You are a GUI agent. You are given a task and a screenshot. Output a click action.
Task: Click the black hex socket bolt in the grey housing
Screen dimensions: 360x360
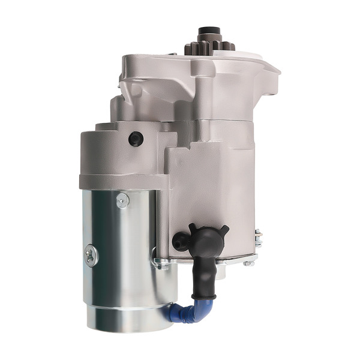[136, 139]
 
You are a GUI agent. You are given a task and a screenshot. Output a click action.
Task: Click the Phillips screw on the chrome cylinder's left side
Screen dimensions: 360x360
[91, 256]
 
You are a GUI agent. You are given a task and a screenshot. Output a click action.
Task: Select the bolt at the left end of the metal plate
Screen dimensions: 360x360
[157, 262]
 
